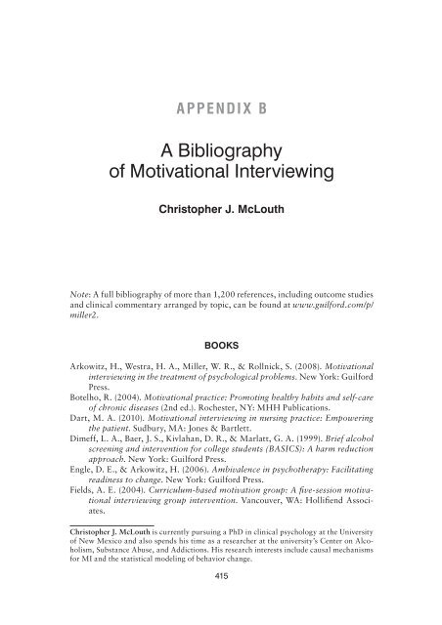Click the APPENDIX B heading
[x=220, y=107]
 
